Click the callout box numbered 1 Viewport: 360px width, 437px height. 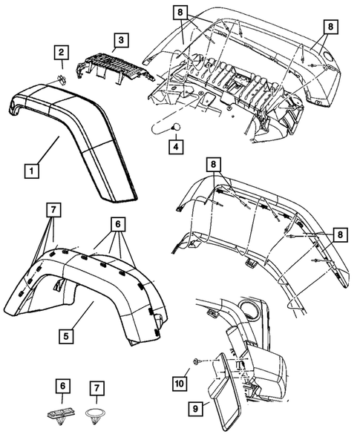tap(31, 171)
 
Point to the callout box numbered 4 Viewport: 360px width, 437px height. tap(174, 146)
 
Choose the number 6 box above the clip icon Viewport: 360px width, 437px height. tap(64, 388)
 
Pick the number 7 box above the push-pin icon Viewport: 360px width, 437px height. tap(96, 388)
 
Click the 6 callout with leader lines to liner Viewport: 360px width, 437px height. tap(117, 222)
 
